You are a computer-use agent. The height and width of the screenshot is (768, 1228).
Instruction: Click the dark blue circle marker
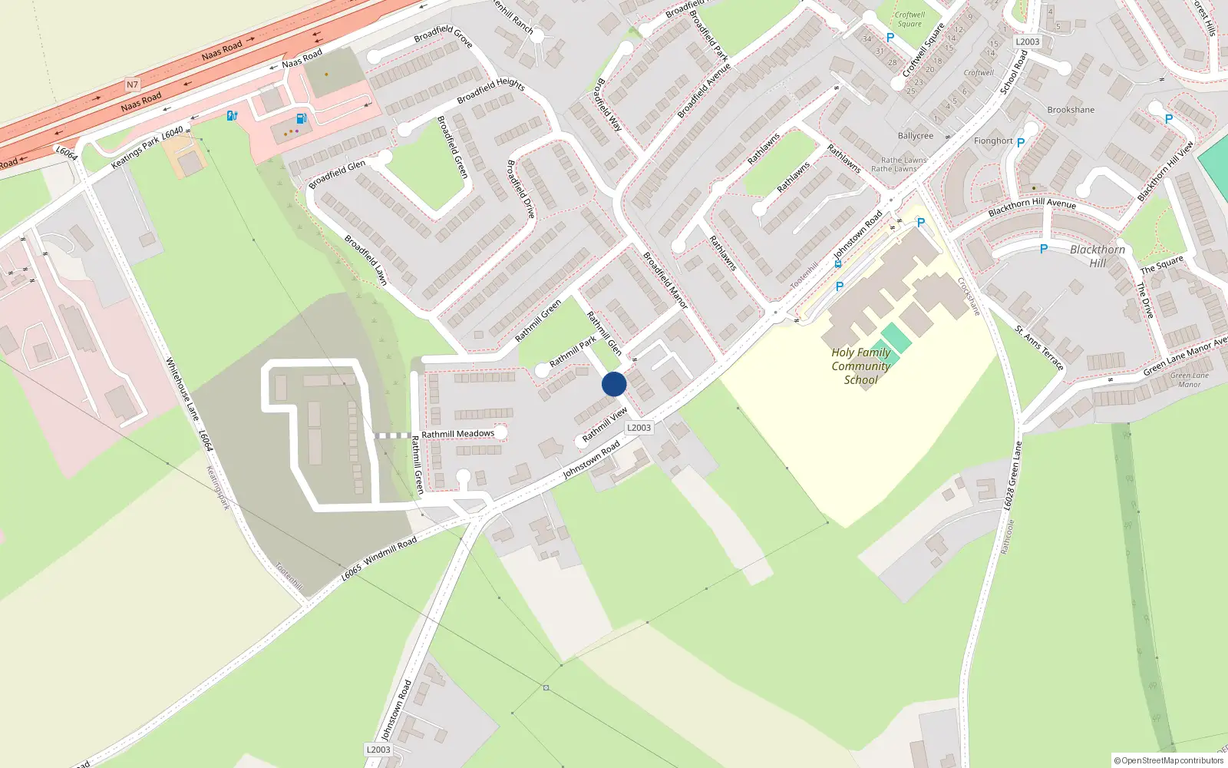(614, 384)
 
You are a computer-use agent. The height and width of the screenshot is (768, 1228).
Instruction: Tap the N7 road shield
(132, 84)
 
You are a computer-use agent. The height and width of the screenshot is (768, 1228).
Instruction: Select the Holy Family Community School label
(861, 366)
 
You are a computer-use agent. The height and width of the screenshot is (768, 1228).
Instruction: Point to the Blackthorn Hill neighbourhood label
(1098, 257)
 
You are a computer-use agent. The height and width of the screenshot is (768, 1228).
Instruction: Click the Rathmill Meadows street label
(457, 434)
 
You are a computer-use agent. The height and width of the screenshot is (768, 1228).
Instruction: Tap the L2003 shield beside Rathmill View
(639, 428)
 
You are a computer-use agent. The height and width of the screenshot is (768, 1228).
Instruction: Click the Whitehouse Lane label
(183, 389)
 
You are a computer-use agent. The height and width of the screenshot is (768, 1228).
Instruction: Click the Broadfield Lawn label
(366, 260)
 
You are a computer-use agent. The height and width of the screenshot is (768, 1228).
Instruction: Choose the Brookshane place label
(1071, 110)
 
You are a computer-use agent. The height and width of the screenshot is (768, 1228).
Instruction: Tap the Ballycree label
(916, 136)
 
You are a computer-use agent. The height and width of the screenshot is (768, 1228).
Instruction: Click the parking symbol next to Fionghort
(1021, 143)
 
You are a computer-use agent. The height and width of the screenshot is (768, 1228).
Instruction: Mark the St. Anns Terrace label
(1039, 348)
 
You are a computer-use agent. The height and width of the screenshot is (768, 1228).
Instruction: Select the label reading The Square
(1162, 265)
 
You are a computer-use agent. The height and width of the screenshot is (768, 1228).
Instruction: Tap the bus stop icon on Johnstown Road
(838, 263)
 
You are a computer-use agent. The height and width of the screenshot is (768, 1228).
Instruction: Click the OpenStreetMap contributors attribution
(1169, 760)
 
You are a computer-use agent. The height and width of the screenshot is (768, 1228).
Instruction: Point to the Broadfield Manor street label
(665, 280)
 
